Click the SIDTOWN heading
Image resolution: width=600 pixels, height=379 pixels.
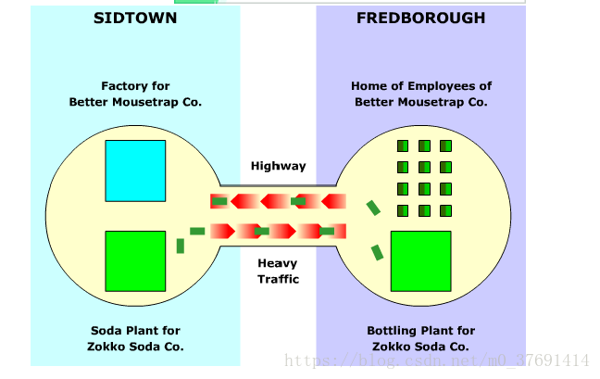[136, 18]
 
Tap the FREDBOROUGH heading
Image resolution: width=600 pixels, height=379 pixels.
[421, 18]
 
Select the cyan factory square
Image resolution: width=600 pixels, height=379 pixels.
[135, 171]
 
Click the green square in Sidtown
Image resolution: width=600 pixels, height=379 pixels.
[135, 261]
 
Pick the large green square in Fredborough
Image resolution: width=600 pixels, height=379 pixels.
[421, 261]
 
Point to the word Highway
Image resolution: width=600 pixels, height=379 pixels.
[278, 167]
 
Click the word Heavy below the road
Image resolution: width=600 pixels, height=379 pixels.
[278, 263]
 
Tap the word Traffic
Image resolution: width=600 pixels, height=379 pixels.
[278, 279]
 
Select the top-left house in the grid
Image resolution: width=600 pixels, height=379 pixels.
[403, 146]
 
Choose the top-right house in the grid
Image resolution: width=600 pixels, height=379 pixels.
[445, 146]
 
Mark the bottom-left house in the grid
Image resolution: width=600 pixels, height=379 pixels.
[403, 210]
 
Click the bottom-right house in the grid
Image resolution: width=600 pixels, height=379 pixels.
[445, 210]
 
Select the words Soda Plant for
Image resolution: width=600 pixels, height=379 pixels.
[135, 331]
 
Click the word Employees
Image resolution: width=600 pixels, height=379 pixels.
[441, 86]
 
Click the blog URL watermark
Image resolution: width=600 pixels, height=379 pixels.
[435, 360]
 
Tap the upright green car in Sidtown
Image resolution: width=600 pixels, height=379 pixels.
[181, 246]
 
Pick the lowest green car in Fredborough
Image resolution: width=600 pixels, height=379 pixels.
[378, 252]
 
